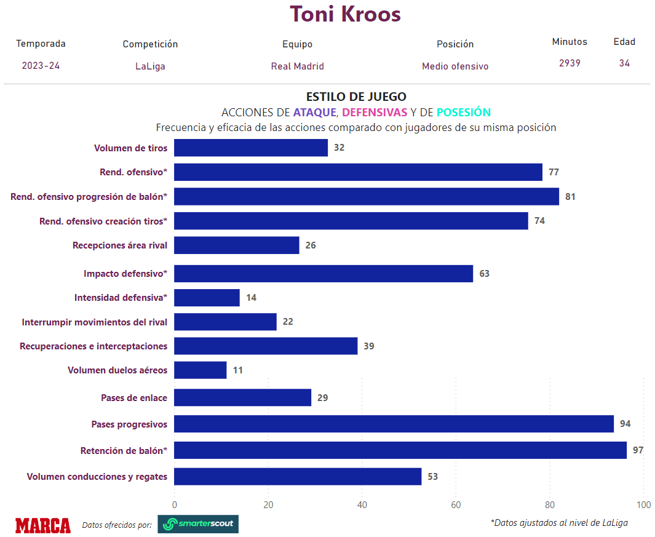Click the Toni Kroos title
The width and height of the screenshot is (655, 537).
tap(345, 14)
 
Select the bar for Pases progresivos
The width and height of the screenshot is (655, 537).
tap(394, 424)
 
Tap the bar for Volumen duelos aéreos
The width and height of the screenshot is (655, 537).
tap(200, 370)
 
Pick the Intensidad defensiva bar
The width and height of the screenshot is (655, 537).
tap(207, 298)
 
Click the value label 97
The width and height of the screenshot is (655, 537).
tap(638, 450)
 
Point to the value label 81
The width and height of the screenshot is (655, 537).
tap(570, 197)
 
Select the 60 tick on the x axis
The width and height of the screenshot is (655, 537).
tap(456, 505)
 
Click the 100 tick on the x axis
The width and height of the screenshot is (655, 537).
tap(643, 505)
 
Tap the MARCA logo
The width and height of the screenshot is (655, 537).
tap(43, 525)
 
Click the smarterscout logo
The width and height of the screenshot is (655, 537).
tap(198, 524)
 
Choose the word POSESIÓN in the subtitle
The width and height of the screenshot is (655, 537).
tap(464, 113)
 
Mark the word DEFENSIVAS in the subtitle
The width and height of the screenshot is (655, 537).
tap(375, 113)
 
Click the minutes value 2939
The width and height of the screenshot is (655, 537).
tap(570, 63)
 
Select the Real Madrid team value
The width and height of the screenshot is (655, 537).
tap(297, 66)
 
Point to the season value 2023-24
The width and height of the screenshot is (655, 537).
tap(41, 66)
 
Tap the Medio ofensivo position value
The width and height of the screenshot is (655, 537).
tap(455, 66)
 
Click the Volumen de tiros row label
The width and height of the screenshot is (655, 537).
tap(130, 148)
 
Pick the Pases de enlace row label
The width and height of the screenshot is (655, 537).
tap(134, 398)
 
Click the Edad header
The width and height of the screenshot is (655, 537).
tap(624, 42)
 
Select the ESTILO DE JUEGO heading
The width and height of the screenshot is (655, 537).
tap(356, 97)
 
